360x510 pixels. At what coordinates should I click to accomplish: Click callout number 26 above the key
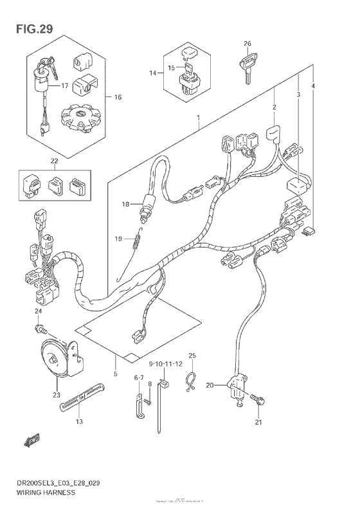[x=247, y=44]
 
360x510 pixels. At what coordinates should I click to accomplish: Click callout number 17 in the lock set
[x=65, y=86]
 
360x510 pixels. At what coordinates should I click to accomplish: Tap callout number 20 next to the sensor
[x=210, y=385]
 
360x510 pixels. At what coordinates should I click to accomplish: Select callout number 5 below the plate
[x=115, y=374]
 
